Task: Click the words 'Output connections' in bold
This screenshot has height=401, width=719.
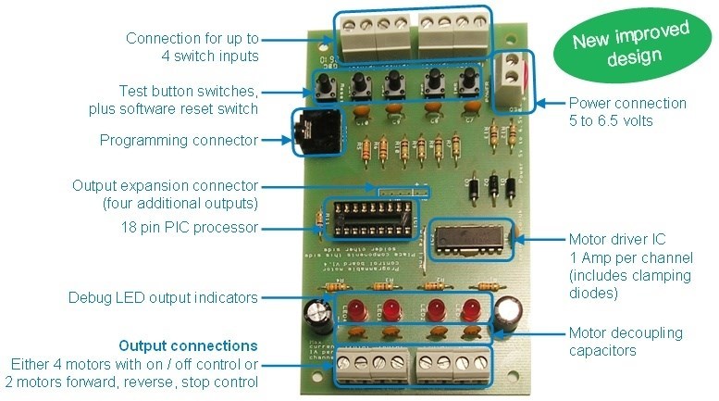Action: tap(189, 345)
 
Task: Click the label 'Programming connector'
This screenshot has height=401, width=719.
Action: tap(177, 142)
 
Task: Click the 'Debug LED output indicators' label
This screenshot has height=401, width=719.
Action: tap(163, 298)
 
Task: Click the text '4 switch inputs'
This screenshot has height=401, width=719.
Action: tap(207, 56)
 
